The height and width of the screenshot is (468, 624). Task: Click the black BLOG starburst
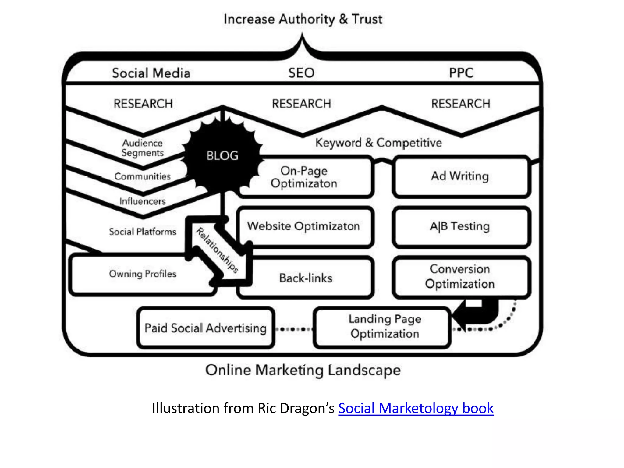coord(222,156)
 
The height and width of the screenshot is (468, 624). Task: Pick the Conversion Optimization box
coord(460,276)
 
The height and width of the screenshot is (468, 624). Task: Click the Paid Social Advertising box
coord(206,328)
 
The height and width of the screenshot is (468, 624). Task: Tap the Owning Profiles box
coord(143,274)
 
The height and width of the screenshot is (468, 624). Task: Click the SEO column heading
coord(301,73)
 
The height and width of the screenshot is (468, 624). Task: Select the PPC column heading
coord(461,73)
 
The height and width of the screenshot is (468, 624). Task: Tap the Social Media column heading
coord(151,73)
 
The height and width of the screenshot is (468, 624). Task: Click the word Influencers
coord(143,201)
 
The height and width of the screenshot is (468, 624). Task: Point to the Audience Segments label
coord(143,148)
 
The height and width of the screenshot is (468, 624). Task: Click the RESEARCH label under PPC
coord(461,104)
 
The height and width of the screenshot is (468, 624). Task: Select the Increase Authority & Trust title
coord(303,19)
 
